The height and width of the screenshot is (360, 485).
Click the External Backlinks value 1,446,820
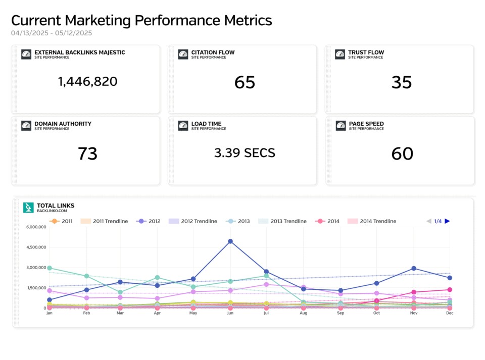87,81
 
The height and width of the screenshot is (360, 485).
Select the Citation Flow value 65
245,82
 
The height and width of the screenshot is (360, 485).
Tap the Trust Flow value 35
402,82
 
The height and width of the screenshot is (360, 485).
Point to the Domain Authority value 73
87,153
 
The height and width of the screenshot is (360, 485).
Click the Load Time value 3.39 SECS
245,153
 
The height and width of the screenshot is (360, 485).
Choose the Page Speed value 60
402,153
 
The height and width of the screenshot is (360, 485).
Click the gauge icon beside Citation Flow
183,54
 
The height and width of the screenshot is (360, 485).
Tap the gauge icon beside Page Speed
340,126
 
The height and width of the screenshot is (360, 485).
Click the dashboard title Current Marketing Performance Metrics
141,21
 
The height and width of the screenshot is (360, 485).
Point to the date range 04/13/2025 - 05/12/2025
52,33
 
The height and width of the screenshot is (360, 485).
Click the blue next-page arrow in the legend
447,221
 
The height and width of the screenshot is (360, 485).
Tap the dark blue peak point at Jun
230,241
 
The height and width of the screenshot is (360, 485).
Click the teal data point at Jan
50,268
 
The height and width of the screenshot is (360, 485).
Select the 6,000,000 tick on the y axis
36,227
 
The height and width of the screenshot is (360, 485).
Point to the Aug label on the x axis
303,313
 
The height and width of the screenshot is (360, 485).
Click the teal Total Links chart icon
28,208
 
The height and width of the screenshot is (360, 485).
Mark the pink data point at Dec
450,290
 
